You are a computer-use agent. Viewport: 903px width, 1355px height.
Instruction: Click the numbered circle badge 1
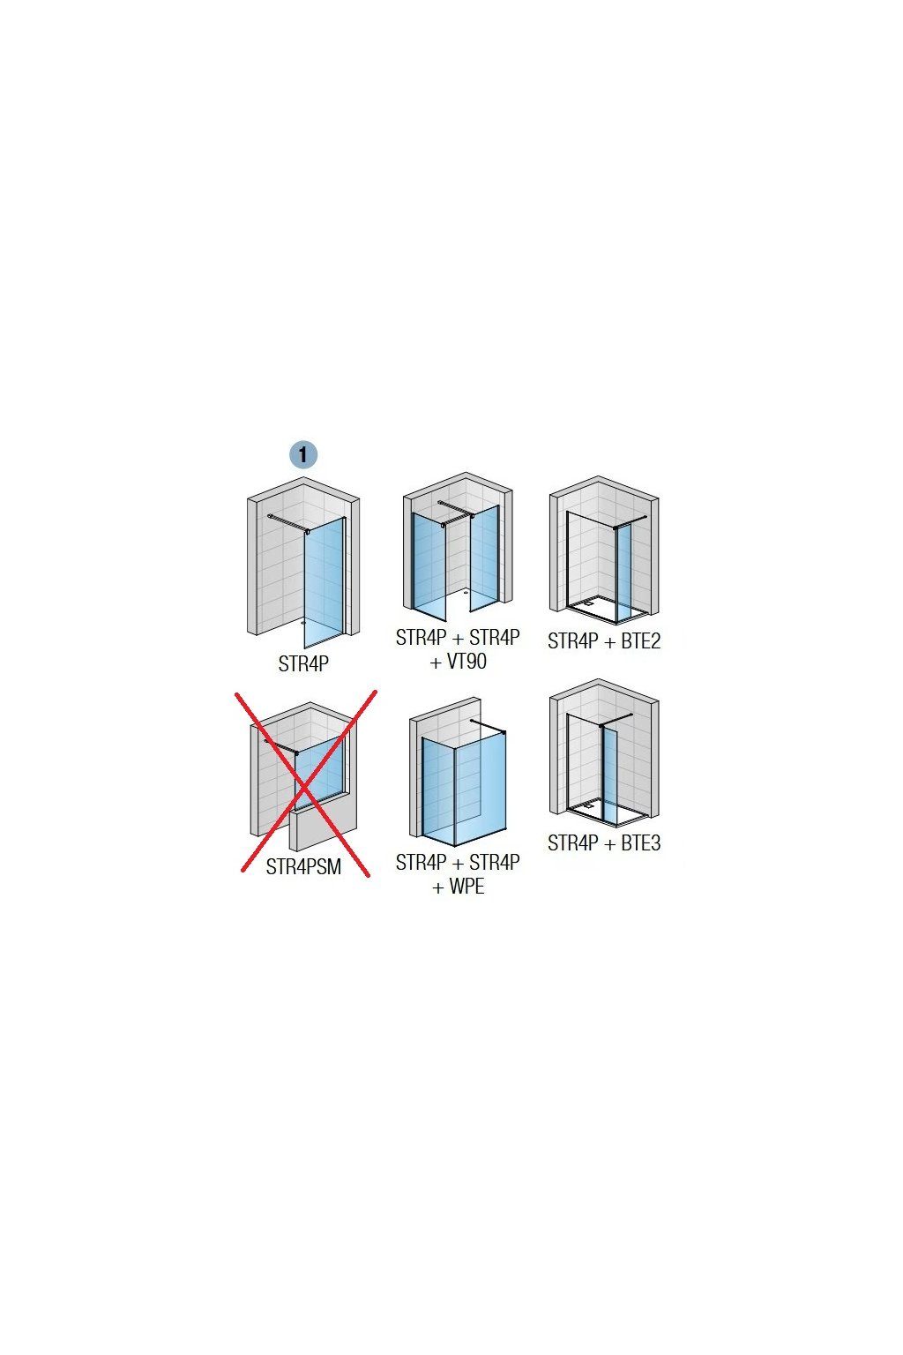coord(303,455)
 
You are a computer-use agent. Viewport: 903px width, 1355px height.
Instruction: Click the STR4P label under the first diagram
coord(303,664)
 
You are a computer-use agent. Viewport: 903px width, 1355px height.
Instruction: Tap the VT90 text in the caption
coord(466,662)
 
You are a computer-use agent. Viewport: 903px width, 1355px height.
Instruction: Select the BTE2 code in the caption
coord(640,641)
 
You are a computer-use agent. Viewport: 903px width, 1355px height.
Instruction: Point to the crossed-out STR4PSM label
coord(303,867)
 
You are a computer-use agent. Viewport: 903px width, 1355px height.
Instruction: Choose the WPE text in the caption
coord(466,887)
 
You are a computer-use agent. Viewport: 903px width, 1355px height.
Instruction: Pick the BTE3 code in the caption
coord(640,843)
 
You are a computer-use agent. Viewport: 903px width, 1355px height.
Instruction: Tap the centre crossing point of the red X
coord(305,784)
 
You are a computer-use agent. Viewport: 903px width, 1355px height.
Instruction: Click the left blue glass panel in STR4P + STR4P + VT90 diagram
coord(429,565)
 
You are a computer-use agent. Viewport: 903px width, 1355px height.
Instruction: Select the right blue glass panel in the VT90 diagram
coord(484,558)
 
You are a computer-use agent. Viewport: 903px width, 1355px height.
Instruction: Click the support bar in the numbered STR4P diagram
coord(287,522)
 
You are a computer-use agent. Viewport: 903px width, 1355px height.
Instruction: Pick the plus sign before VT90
coord(436,663)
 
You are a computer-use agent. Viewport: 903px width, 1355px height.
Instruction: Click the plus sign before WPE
coord(438,887)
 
